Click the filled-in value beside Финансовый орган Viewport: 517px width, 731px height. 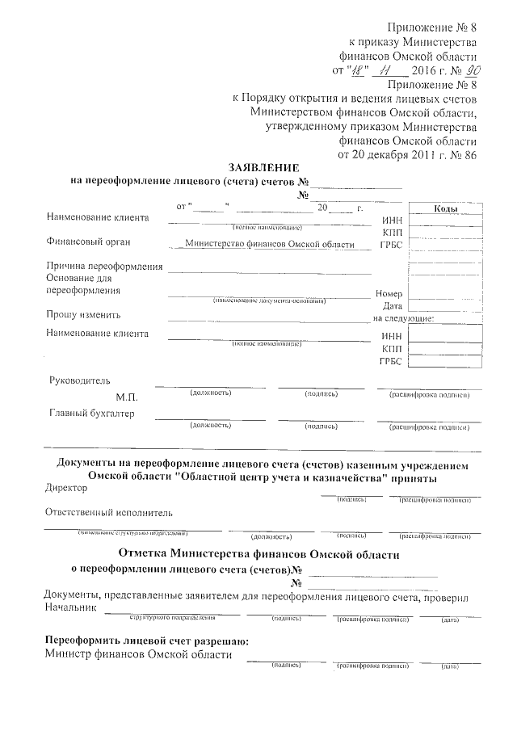click(x=269, y=243)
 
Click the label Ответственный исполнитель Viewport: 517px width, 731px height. click(x=108, y=513)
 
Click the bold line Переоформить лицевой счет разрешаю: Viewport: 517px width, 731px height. click(x=146, y=641)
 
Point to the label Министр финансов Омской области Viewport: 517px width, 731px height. click(x=138, y=655)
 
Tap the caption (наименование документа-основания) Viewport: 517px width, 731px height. click(x=270, y=301)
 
